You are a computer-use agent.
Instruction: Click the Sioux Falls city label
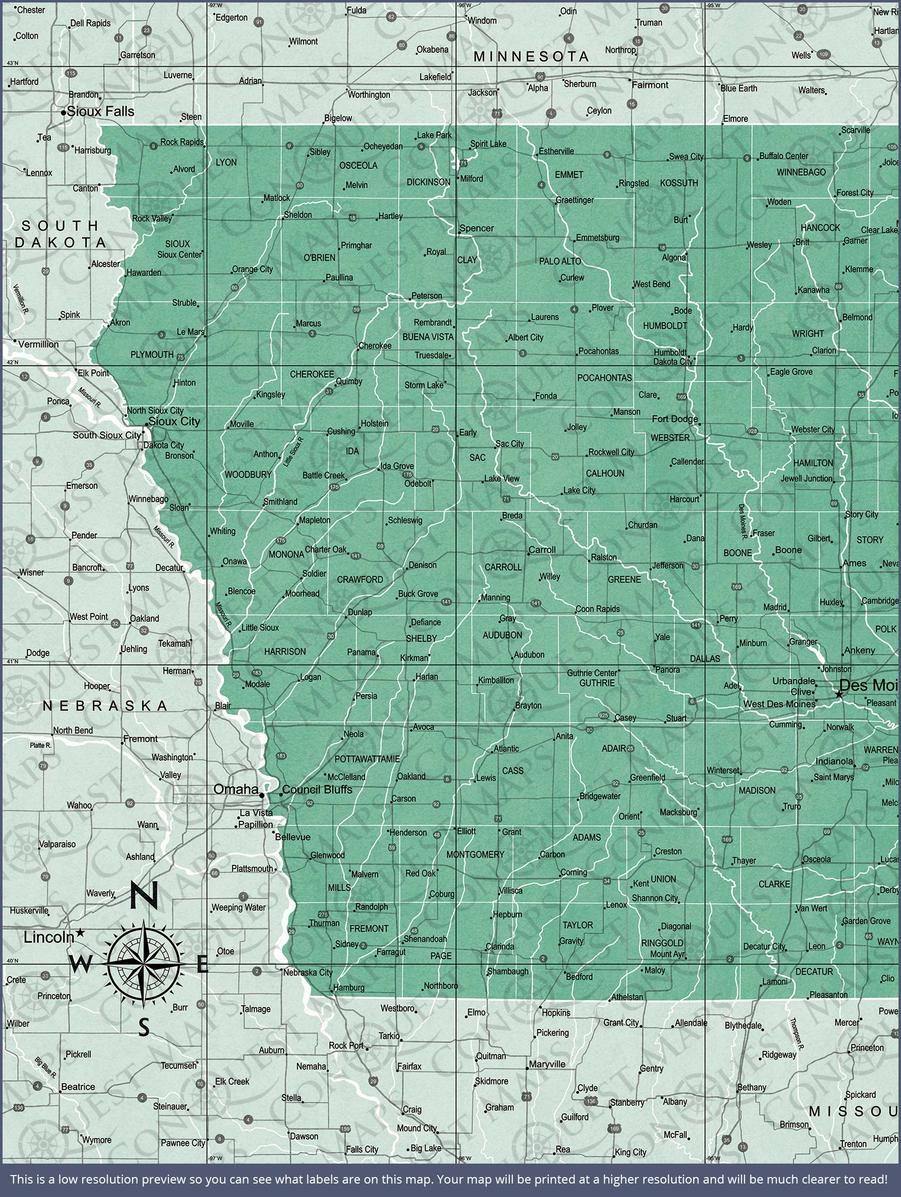tap(100, 112)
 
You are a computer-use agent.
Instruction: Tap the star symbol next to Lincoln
tap(80, 932)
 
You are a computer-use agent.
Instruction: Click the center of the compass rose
tap(144, 964)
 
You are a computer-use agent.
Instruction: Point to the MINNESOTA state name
tap(531, 56)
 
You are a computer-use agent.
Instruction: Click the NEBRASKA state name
tap(105, 706)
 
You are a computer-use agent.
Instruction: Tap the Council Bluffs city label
tap(317, 790)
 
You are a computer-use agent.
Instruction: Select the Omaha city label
tap(236, 790)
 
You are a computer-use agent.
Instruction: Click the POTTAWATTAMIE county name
tap(367, 759)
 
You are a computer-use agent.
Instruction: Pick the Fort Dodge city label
tap(674, 418)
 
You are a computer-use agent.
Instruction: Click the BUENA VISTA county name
tap(428, 337)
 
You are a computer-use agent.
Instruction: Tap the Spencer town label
tap(476, 228)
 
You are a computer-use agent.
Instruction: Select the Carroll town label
tap(542, 550)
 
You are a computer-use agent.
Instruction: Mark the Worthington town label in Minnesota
tap(369, 95)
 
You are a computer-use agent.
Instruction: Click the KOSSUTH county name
tap(679, 183)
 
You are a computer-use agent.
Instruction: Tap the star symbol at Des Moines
tap(839, 694)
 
